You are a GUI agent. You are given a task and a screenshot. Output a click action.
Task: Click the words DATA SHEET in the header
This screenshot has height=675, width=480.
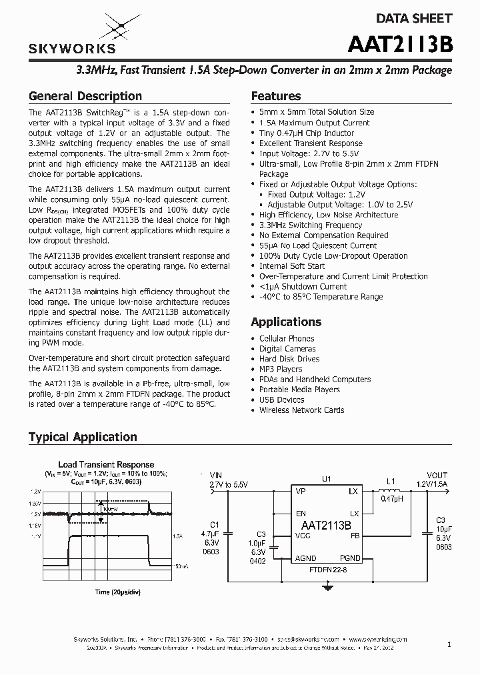[415, 19]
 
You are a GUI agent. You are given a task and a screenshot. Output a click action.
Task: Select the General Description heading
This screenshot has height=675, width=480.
[85, 96]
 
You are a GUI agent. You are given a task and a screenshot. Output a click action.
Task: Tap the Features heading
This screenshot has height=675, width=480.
[275, 96]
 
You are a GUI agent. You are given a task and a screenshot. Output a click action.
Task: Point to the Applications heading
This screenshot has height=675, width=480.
[286, 321]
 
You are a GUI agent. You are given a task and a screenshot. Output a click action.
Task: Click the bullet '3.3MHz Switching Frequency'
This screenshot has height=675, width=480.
[310, 225]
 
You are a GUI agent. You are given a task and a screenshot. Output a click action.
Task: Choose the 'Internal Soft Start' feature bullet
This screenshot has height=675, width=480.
[292, 266]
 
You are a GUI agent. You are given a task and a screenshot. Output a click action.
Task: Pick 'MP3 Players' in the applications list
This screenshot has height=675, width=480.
[281, 369]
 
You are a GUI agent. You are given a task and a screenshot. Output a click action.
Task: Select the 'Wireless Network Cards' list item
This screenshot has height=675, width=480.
[301, 410]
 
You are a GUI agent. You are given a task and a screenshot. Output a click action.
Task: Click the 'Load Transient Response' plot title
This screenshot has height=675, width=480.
[106, 464]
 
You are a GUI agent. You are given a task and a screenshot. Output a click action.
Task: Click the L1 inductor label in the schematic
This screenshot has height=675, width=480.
[391, 481]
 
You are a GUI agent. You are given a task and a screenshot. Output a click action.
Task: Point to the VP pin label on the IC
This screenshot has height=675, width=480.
[301, 492]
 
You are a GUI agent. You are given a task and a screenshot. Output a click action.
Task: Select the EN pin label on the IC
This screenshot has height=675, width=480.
[301, 514]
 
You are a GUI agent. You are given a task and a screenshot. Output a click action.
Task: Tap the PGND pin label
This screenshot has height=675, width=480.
[349, 558]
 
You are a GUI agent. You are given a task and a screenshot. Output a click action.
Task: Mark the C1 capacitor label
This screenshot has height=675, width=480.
[214, 524]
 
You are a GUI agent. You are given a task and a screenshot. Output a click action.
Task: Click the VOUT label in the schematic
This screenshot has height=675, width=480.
[437, 476]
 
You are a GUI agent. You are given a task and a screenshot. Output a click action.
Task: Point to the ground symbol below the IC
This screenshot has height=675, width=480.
[327, 587]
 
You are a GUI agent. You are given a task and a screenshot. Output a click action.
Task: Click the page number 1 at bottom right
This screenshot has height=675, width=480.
[449, 644]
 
